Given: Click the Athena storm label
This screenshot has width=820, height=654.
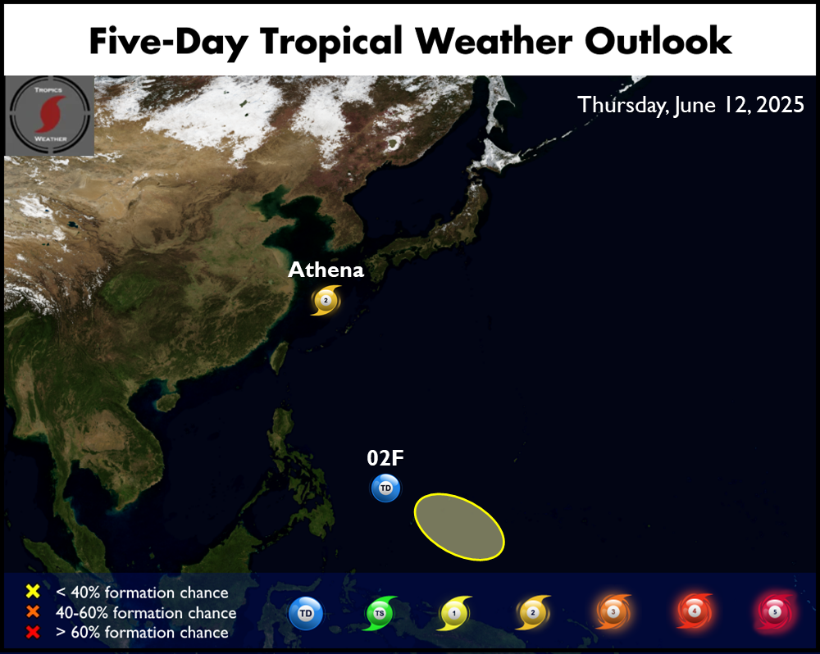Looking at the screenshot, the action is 326,270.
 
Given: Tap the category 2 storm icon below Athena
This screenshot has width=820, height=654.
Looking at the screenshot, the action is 326,300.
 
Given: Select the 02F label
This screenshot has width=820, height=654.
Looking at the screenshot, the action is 385,458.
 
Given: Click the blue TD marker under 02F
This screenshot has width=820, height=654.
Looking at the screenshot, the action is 385,488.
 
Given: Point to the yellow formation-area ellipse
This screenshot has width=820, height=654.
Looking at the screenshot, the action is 459,526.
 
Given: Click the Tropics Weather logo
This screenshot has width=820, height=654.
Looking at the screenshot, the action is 50,116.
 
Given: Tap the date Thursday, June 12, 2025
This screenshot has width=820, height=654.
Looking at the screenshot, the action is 690,105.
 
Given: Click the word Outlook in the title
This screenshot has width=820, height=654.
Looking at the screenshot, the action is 658,41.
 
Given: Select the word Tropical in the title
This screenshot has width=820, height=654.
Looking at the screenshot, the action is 331,43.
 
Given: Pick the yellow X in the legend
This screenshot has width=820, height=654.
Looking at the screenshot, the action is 33,591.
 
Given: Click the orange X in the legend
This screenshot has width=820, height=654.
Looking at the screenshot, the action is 33,611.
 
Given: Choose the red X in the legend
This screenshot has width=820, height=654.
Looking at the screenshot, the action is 33,632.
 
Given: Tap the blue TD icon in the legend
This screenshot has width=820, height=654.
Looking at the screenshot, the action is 305,613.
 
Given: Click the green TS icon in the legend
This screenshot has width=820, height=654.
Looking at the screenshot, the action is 380,613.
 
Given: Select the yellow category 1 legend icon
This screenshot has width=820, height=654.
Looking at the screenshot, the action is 454,613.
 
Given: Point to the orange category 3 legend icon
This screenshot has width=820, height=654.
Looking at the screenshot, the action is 613,611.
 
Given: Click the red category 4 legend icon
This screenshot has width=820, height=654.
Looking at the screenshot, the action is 695,611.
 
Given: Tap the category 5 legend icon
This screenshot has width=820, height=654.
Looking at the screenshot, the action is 775,611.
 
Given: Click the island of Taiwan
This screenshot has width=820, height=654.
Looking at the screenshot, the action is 280,357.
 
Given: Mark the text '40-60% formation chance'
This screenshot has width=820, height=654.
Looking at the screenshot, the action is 146,612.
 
